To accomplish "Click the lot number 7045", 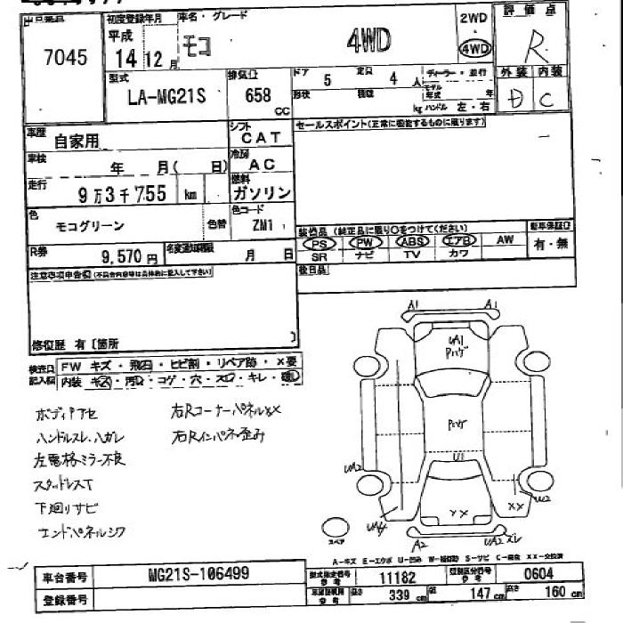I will (x=65, y=59).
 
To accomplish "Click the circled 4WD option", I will (x=473, y=48).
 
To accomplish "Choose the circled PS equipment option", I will (x=320, y=241).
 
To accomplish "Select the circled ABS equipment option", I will (x=412, y=241).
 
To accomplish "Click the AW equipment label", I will (x=505, y=239).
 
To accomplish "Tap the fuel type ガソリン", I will (x=260, y=193).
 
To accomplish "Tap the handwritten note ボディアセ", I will (x=67, y=415).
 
